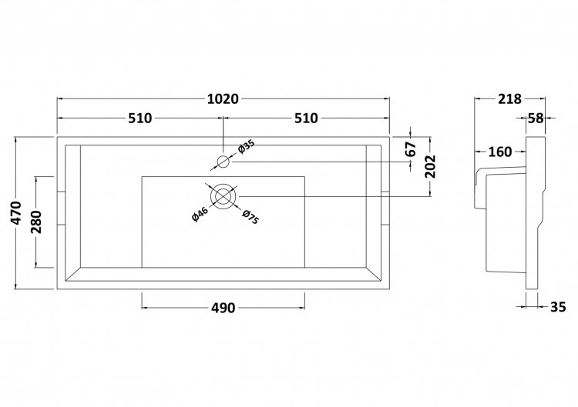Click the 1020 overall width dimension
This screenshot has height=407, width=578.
point(223,99)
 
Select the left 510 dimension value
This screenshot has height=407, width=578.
point(140,118)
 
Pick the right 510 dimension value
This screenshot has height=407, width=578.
point(306,118)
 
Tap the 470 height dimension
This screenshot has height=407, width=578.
point(16,212)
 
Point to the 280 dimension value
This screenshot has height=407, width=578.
point(36,222)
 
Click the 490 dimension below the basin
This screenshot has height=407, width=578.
point(223,308)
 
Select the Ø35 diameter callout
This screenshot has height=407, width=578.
point(247,147)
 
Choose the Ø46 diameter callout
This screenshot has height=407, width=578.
point(200,215)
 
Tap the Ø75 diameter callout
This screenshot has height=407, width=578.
point(250,217)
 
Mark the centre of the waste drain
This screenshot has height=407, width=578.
point(223,196)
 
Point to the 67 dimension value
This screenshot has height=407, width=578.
point(411,148)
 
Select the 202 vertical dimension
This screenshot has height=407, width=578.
point(430,166)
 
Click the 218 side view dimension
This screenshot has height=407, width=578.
point(510,99)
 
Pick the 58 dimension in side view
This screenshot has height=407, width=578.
point(536,118)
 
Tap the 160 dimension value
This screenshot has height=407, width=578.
point(500,152)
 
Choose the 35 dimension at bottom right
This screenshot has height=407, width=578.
point(558,307)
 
